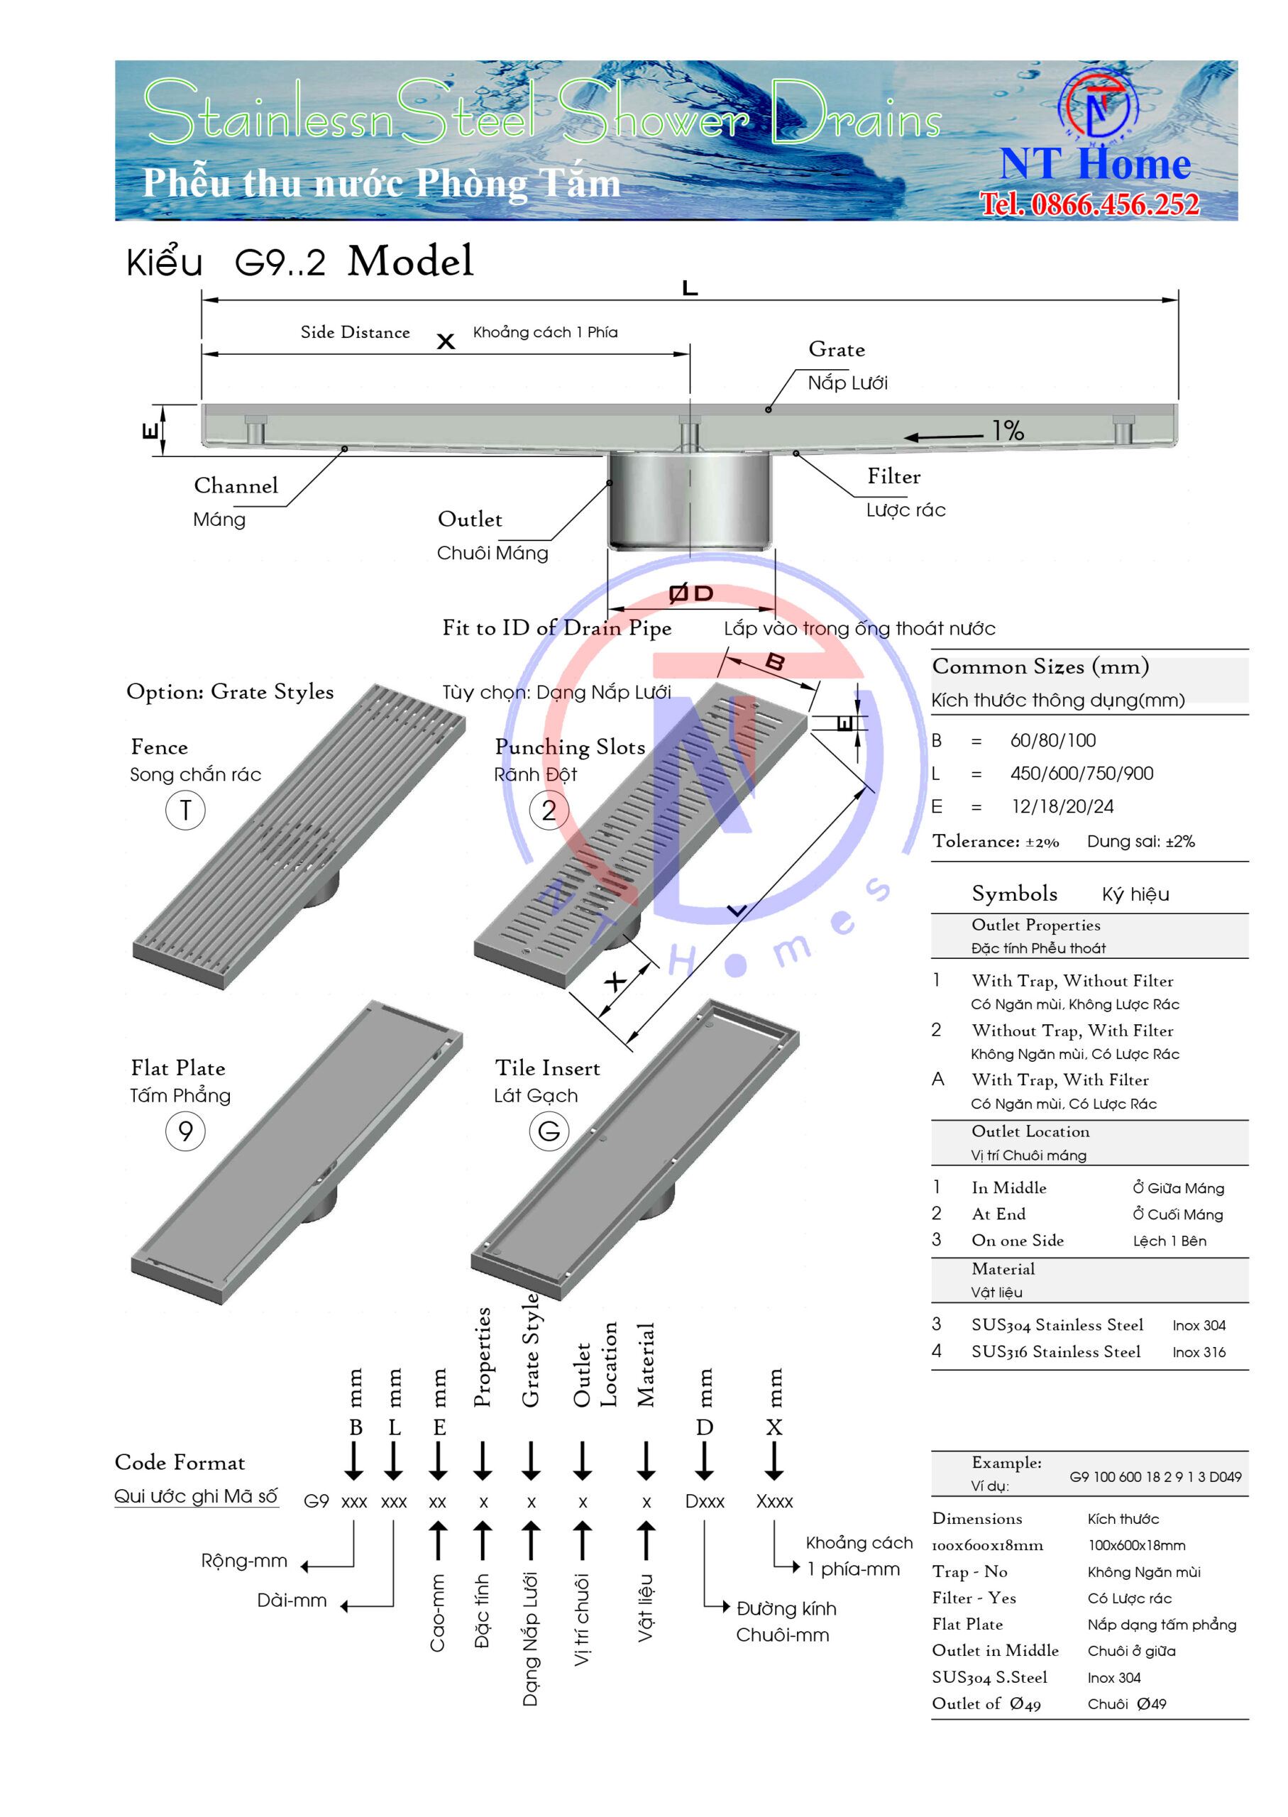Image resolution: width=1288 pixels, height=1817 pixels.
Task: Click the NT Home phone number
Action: point(1090,204)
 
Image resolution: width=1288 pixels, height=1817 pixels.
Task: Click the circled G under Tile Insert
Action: point(549,1131)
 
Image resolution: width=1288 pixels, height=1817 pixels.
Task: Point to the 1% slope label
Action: point(1008,430)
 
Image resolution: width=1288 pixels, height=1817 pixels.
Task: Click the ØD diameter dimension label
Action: point(690,593)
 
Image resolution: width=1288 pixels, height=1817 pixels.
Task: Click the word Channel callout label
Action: point(236,485)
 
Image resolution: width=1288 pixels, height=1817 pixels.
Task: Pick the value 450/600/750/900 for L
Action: point(1081,773)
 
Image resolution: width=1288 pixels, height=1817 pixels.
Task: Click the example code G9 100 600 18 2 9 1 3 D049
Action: point(1155,1477)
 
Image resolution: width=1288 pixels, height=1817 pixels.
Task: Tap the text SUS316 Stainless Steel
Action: point(1057,1351)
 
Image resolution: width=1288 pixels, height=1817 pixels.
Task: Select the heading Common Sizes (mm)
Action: point(1040,666)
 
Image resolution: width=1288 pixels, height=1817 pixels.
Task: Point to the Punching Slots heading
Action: point(571,747)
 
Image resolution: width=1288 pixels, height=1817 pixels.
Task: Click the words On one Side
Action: point(1018,1241)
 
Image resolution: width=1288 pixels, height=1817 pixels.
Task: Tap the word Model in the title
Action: point(411,261)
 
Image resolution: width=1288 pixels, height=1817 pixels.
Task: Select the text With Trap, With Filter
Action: point(1060,1080)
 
